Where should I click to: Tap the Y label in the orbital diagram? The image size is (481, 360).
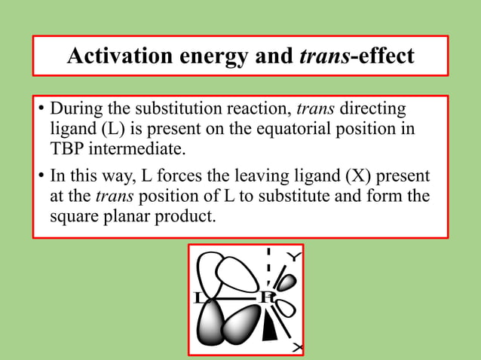(x=295, y=258)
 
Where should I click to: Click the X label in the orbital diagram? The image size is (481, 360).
(x=297, y=347)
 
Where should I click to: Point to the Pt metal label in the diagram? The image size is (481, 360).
(x=267, y=297)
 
